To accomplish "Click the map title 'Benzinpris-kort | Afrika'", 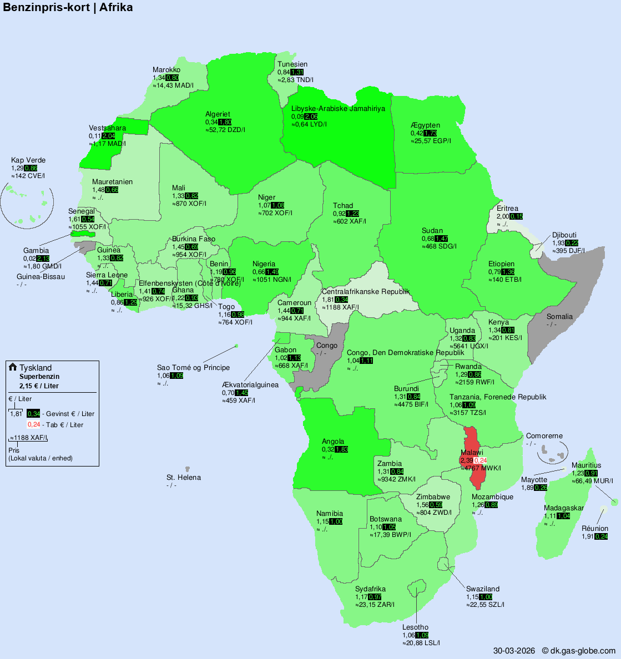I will tap(68, 8).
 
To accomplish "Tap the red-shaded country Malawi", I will tap(472, 444).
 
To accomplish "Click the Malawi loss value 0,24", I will tap(481, 460).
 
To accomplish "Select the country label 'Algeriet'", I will tap(218, 114).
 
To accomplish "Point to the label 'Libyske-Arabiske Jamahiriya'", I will tap(338, 109).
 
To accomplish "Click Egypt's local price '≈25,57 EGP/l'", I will tap(431, 141).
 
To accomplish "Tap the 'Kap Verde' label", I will tap(28, 160).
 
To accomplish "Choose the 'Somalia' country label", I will tap(559, 317).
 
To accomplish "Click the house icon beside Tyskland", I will tap(13, 367).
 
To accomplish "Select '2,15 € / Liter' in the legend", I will tap(39, 386).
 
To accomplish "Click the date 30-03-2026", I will tap(514, 651).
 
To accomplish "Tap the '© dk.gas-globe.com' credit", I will tap(578, 651).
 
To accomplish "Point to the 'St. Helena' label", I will tap(184, 478).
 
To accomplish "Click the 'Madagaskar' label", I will tap(564, 508).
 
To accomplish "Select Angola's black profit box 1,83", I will tap(342, 449).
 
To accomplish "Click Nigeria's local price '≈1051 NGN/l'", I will tap(272, 280).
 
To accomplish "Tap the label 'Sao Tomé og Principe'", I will tap(193, 368).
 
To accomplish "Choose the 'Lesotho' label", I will tap(415, 627).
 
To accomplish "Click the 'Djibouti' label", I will tap(564, 235).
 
